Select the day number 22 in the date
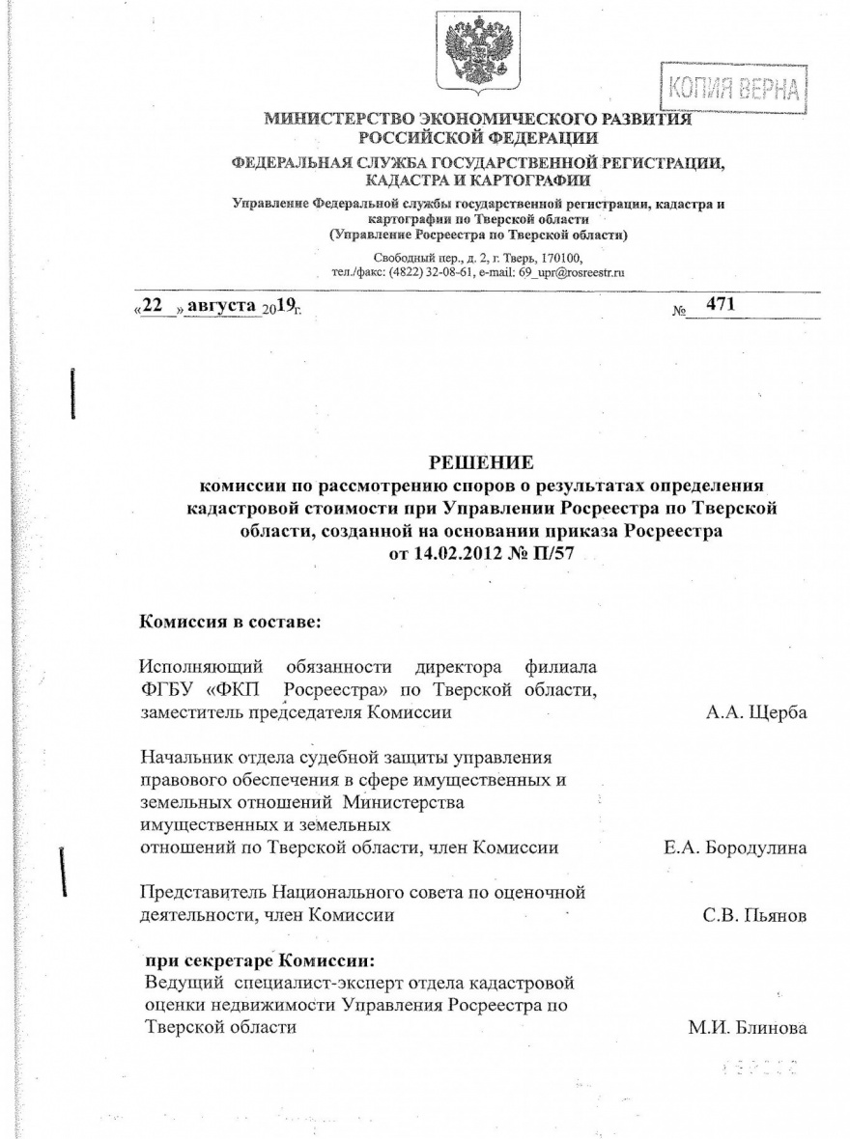pyautogui.click(x=152, y=306)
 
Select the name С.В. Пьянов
pyautogui.click(x=753, y=914)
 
